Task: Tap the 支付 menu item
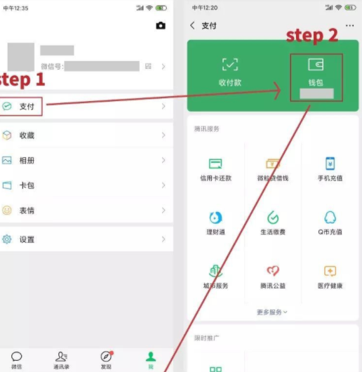(x=27, y=107)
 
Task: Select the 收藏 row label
(x=27, y=135)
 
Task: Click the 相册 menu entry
(x=27, y=160)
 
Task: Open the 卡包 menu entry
(x=27, y=185)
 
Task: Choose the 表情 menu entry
(x=27, y=211)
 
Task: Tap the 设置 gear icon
(x=7, y=239)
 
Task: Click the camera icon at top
(x=161, y=26)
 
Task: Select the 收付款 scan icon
(x=229, y=65)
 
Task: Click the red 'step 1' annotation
(x=22, y=79)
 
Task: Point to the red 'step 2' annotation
(x=313, y=36)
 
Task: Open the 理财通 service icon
(x=215, y=218)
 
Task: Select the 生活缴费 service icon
(x=273, y=218)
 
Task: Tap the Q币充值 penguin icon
(x=330, y=218)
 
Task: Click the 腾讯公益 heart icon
(x=273, y=271)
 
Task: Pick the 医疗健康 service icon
(x=330, y=271)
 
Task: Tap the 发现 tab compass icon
(x=106, y=357)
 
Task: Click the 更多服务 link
(x=272, y=312)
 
